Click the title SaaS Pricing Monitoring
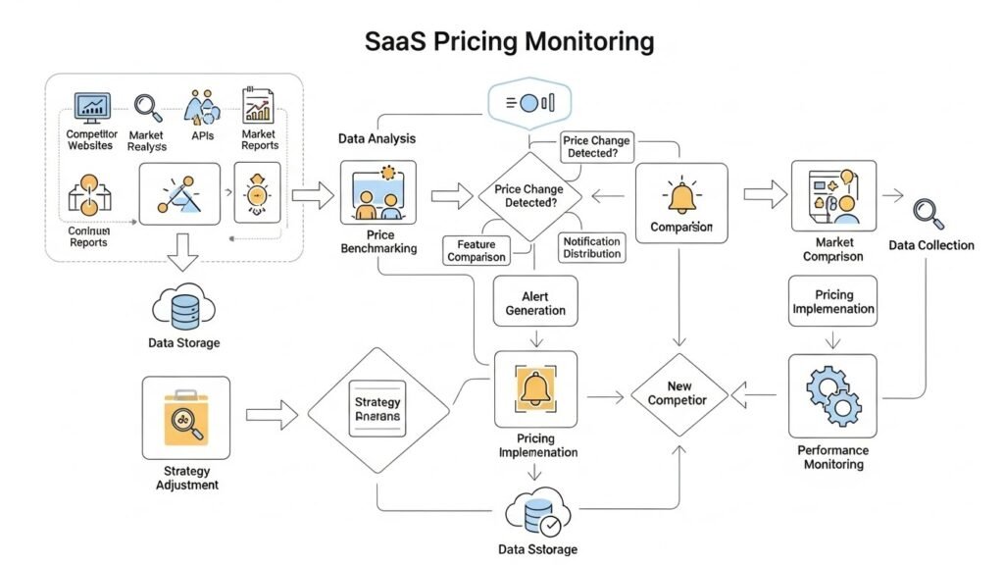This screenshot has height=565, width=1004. (x=509, y=41)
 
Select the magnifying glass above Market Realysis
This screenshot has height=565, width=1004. (x=147, y=106)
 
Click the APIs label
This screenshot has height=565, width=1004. (x=203, y=135)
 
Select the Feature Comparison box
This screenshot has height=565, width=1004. (x=477, y=250)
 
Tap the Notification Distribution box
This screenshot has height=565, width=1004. (x=592, y=247)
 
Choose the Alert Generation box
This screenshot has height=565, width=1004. (x=535, y=303)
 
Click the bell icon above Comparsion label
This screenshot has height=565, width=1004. (x=681, y=196)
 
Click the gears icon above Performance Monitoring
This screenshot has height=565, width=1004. (x=832, y=394)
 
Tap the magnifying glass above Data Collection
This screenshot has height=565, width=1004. (x=927, y=212)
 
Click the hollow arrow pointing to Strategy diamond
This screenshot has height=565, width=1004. (x=271, y=416)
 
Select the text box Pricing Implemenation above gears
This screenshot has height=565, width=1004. (x=831, y=301)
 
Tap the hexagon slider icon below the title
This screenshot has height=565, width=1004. (x=529, y=102)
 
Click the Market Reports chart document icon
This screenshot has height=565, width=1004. (x=258, y=106)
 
